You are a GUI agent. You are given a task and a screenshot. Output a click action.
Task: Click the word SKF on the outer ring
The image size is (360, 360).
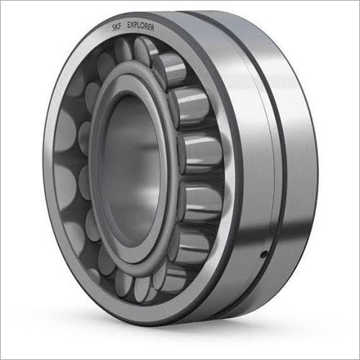117,27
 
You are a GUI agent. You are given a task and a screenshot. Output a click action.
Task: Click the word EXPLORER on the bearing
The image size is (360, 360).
140,26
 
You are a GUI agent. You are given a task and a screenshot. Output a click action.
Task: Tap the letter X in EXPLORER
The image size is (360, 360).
132,24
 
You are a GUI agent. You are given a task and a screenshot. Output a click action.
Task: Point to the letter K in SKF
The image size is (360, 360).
117,27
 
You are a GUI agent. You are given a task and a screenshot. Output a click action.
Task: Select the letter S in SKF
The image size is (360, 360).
114,28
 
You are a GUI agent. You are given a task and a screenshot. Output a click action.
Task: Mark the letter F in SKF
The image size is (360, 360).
120,27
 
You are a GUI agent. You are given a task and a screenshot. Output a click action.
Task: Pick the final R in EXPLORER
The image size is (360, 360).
152,27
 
